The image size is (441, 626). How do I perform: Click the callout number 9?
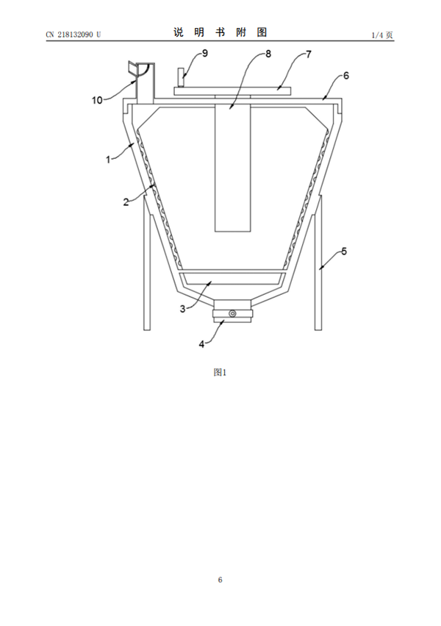(x=205, y=53)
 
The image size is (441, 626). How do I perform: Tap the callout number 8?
(x=268, y=54)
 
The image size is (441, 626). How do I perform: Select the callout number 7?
(x=309, y=54)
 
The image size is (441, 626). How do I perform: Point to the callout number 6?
(x=345, y=76)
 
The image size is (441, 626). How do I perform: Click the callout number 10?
(x=97, y=100)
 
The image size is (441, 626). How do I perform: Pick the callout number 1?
(x=107, y=160)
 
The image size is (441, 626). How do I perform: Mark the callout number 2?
(x=126, y=202)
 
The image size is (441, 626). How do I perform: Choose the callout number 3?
(x=182, y=309)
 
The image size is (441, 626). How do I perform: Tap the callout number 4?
(x=202, y=344)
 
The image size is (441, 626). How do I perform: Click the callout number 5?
(x=344, y=252)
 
